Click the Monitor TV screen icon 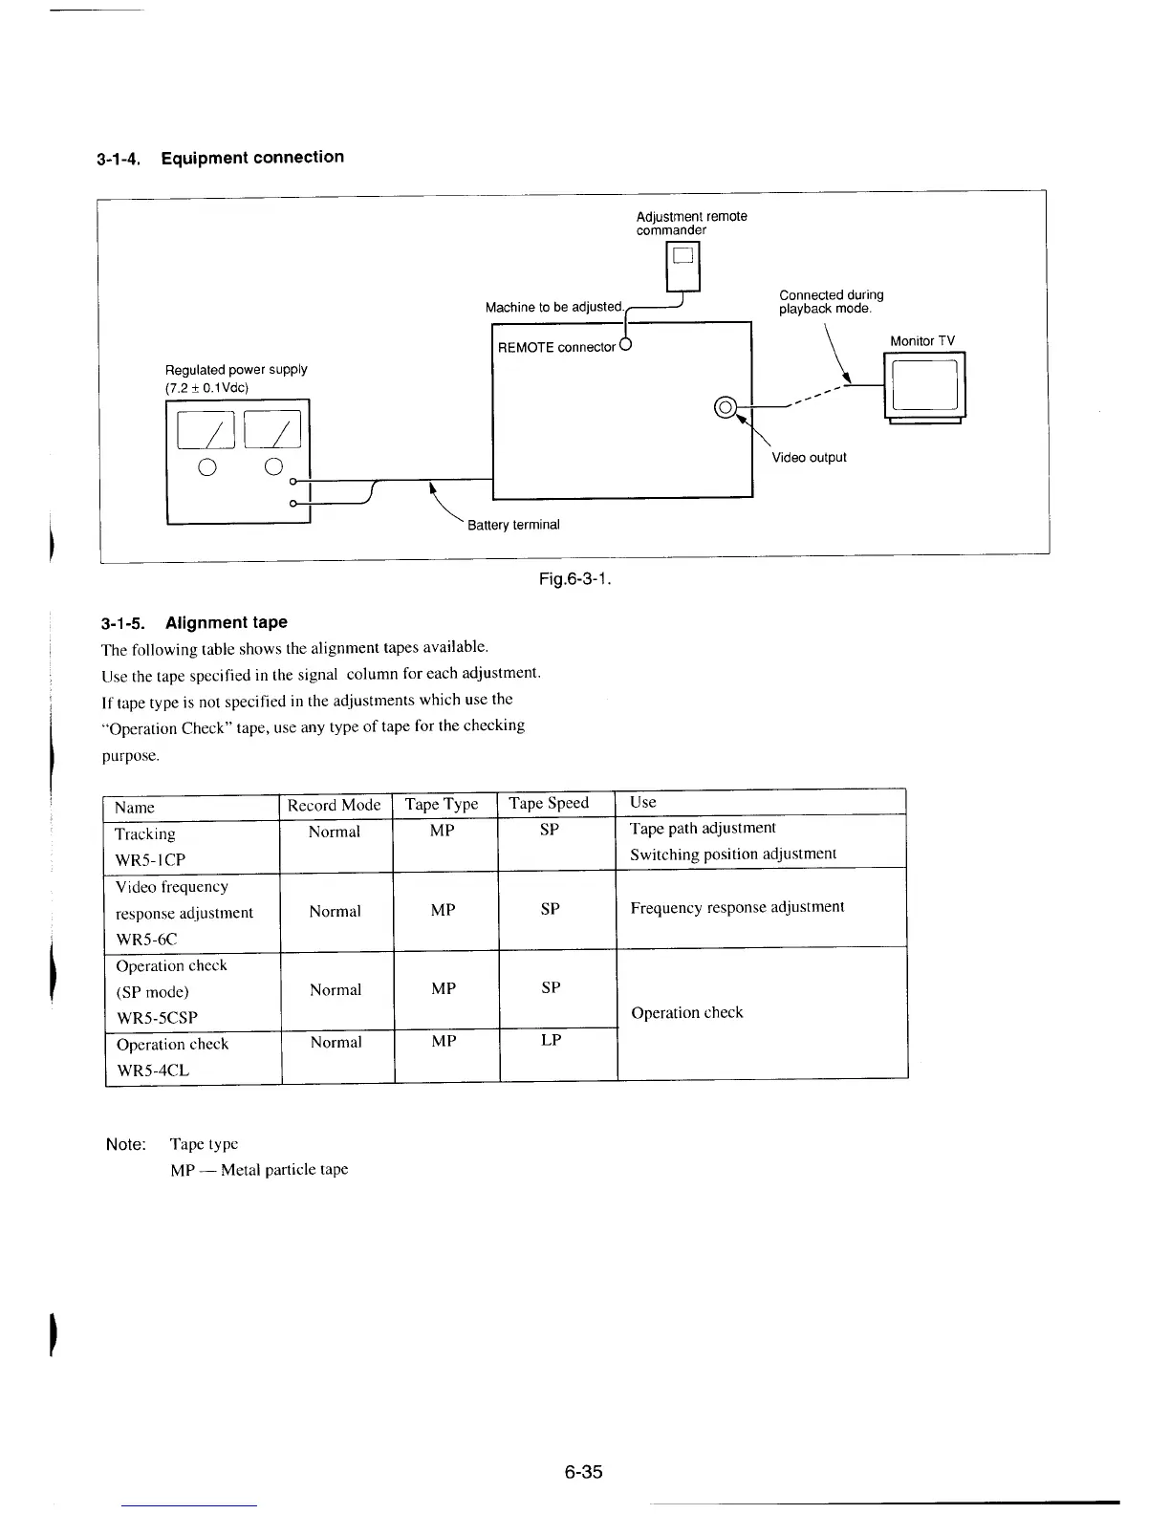click(924, 385)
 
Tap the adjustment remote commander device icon click(682, 264)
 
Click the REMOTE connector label click(556, 347)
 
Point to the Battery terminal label click(513, 525)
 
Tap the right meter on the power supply click(273, 428)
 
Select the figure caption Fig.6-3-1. click(575, 579)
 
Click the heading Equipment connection click(252, 158)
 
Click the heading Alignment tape click(226, 622)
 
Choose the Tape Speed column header click(549, 803)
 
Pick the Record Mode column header click(334, 805)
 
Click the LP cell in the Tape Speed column click(551, 1040)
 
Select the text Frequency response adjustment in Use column click(737, 907)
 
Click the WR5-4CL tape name click(153, 1071)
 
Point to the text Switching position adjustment click(733, 854)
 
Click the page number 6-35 click(583, 1472)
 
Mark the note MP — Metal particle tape click(259, 1170)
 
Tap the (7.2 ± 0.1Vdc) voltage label click(207, 387)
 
